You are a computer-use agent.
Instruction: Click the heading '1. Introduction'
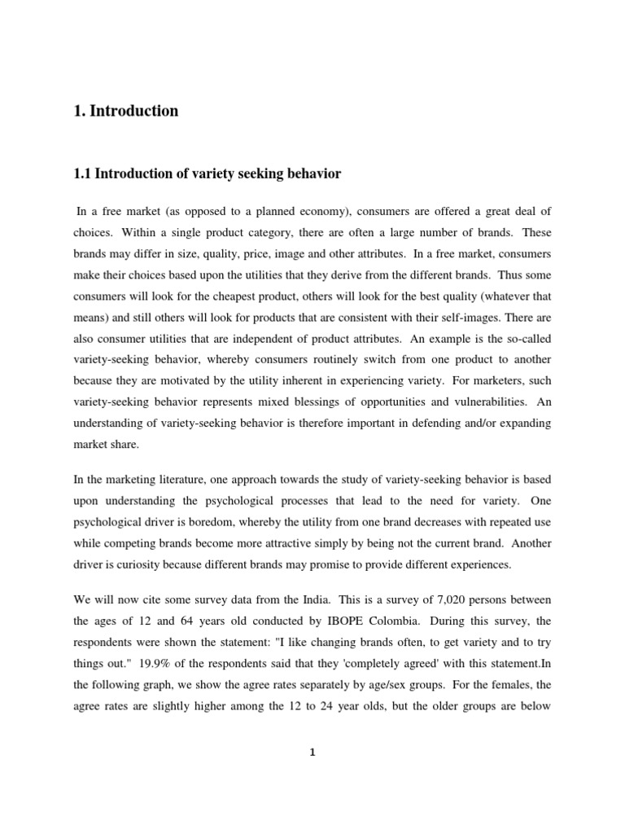[126, 112]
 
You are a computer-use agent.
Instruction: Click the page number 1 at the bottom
[312, 753]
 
